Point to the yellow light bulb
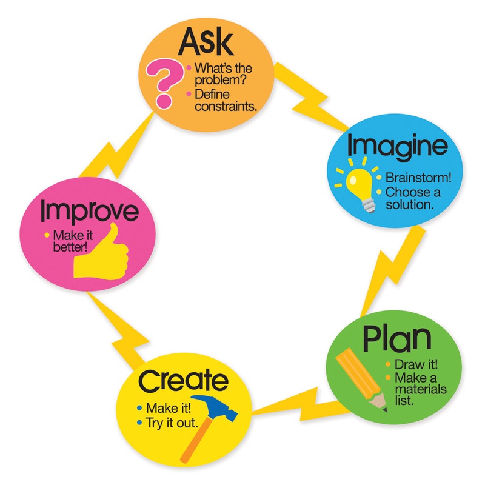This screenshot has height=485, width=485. (359, 183)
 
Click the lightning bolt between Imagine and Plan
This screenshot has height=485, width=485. (388, 267)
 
